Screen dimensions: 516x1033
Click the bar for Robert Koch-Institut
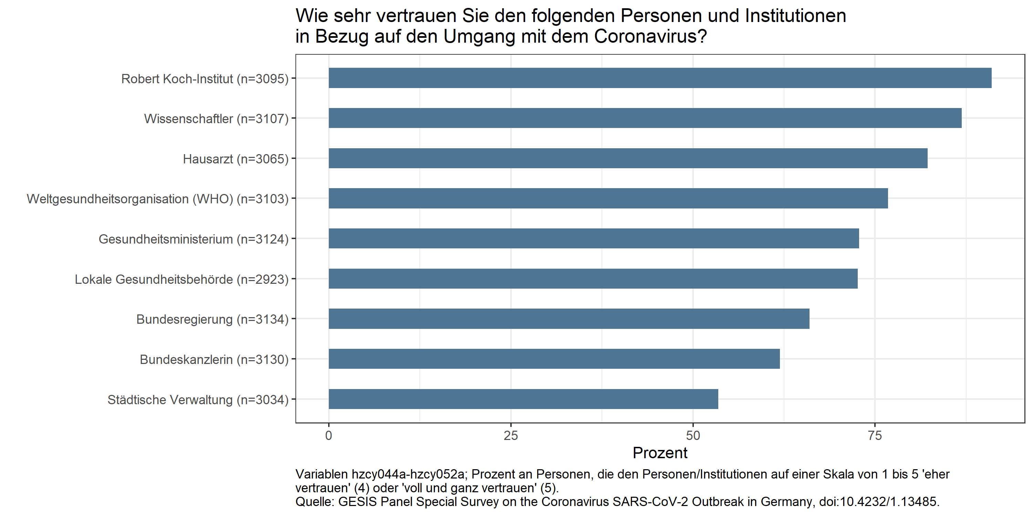click(x=660, y=78)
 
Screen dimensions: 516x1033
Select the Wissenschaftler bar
click(x=645, y=118)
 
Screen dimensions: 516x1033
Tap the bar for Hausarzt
click(x=628, y=158)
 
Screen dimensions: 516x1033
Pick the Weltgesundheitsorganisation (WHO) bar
click(x=608, y=198)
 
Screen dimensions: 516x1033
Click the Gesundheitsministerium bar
click(x=594, y=238)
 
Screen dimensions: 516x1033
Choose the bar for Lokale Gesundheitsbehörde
click(x=593, y=278)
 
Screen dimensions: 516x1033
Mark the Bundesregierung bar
click(x=568, y=319)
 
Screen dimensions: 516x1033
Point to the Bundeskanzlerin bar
click(x=554, y=358)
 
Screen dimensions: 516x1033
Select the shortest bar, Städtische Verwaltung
click(x=523, y=399)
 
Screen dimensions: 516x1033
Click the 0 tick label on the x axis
click(x=328, y=436)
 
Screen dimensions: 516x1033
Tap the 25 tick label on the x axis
click(x=511, y=436)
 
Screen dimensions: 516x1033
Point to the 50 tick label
click(x=692, y=436)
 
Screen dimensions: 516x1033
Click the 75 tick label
click(x=875, y=436)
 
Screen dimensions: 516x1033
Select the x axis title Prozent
click(x=660, y=453)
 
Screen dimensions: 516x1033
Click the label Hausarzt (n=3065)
click(x=236, y=159)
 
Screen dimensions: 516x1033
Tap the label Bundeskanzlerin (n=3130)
click(x=214, y=359)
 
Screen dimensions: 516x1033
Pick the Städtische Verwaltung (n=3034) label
click(x=198, y=400)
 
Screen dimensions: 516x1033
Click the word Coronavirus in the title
click(x=650, y=36)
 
